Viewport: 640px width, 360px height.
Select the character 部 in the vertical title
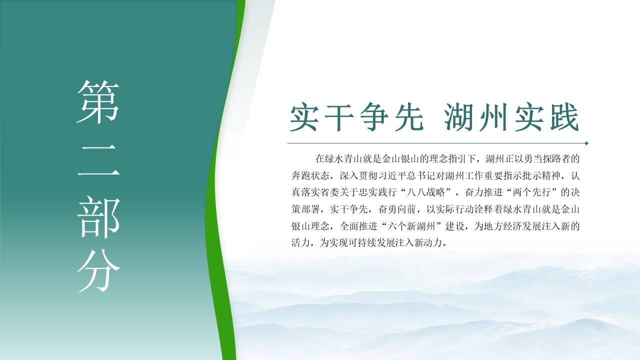98,217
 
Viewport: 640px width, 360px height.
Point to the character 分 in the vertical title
98,270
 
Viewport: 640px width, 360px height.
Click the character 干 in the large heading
339,117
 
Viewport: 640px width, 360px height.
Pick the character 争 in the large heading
374,117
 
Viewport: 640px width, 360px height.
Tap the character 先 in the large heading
409,117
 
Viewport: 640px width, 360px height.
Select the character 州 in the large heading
493,117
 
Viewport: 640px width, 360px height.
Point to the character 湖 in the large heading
458,117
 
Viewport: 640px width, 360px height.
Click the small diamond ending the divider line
586,143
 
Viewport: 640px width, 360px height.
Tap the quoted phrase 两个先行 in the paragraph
531,192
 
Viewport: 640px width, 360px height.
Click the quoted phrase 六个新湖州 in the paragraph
411,226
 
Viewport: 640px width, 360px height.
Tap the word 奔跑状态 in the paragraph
310,175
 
